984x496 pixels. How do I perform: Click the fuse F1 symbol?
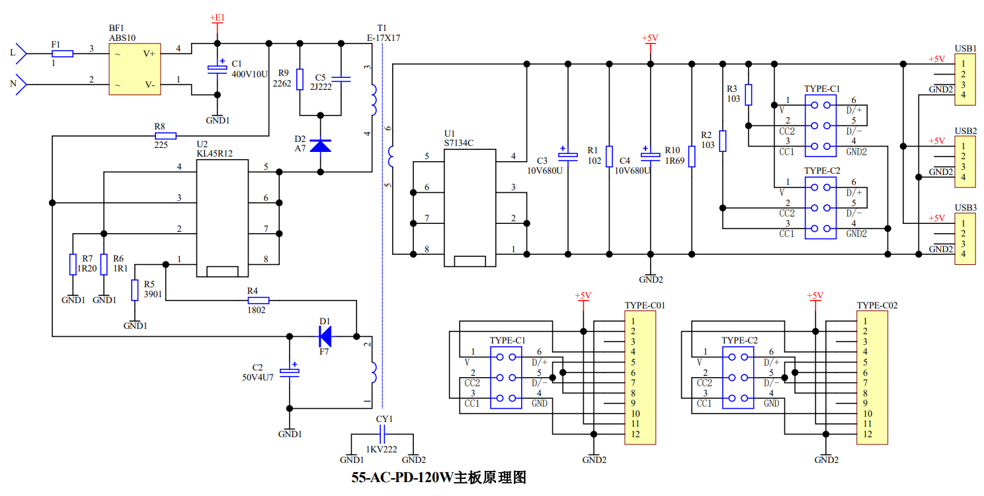(x=62, y=53)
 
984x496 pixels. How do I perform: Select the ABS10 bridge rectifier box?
(x=135, y=68)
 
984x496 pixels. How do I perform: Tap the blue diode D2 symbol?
(x=321, y=145)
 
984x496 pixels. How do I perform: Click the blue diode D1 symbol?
(x=325, y=337)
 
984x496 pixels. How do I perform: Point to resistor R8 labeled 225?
(x=165, y=136)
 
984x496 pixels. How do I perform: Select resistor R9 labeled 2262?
(x=300, y=79)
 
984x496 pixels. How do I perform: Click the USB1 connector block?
(x=965, y=79)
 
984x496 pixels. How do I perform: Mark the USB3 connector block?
(x=965, y=238)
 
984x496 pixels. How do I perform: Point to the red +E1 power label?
(x=217, y=18)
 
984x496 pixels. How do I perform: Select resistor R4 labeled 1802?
(x=257, y=301)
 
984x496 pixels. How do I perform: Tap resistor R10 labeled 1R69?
(x=692, y=157)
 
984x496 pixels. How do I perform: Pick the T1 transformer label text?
(x=382, y=28)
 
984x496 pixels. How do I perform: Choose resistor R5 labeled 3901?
(x=135, y=290)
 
